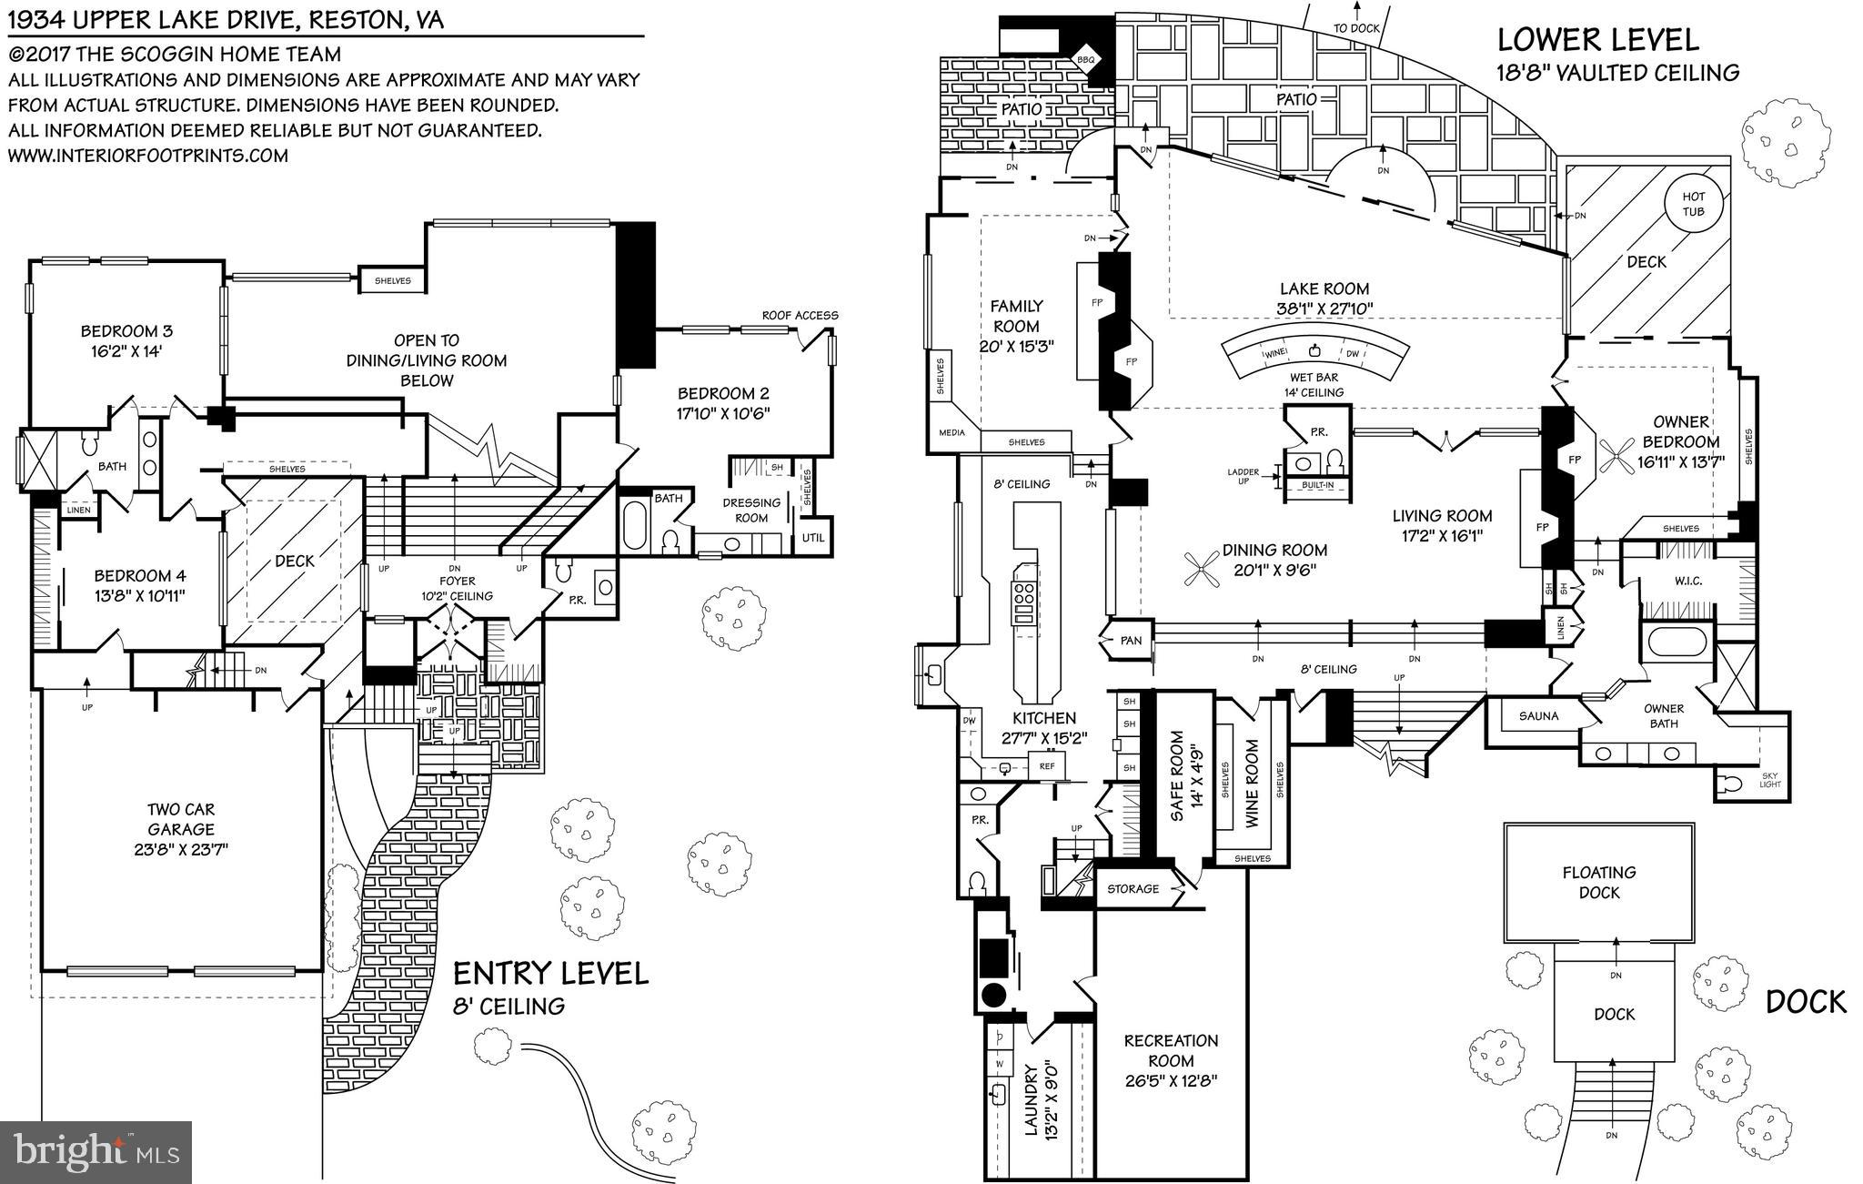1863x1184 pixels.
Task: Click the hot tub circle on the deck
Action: [x=1693, y=204]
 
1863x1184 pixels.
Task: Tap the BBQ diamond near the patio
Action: [x=1085, y=59]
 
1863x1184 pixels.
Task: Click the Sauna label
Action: [x=1538, y=716]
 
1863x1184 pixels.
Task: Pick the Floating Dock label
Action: [x=1599, y=882]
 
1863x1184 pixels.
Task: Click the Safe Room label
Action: [x=1187, y=776]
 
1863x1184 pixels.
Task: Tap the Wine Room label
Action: [x=1252, y=783]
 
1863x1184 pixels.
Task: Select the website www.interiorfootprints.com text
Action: [x=148, y=156]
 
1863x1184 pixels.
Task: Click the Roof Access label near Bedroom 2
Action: [x=800, y=316]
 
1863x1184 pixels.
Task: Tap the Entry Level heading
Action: [x=551, y=974]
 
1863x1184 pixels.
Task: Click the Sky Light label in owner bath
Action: [x=1770, y=779]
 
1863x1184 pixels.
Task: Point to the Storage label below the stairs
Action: [x=1133, y=888]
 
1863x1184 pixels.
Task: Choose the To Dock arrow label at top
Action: [x=1356, y=28]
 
